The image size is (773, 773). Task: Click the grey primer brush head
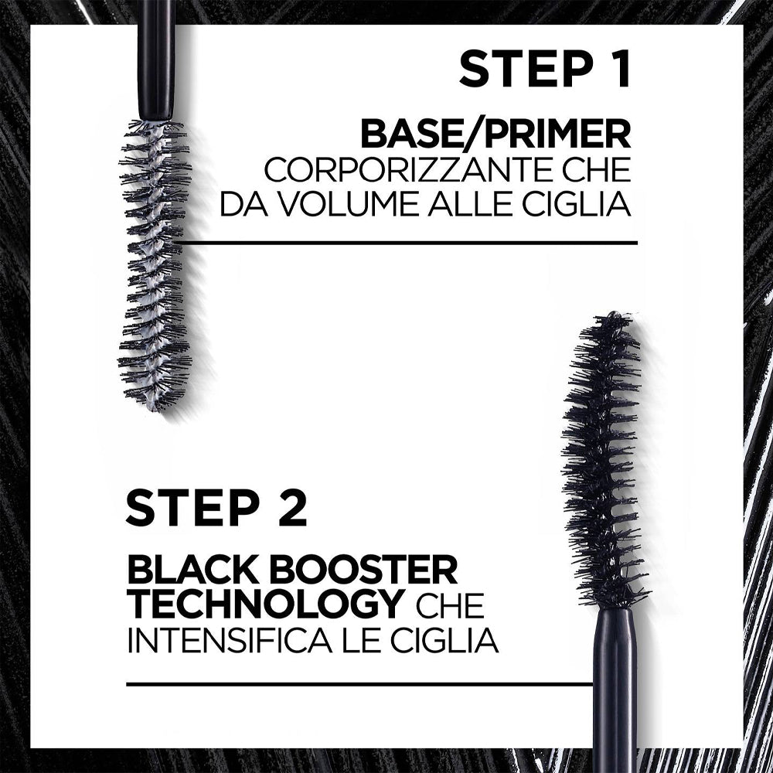pyautogui.click(x=155, y=263)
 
